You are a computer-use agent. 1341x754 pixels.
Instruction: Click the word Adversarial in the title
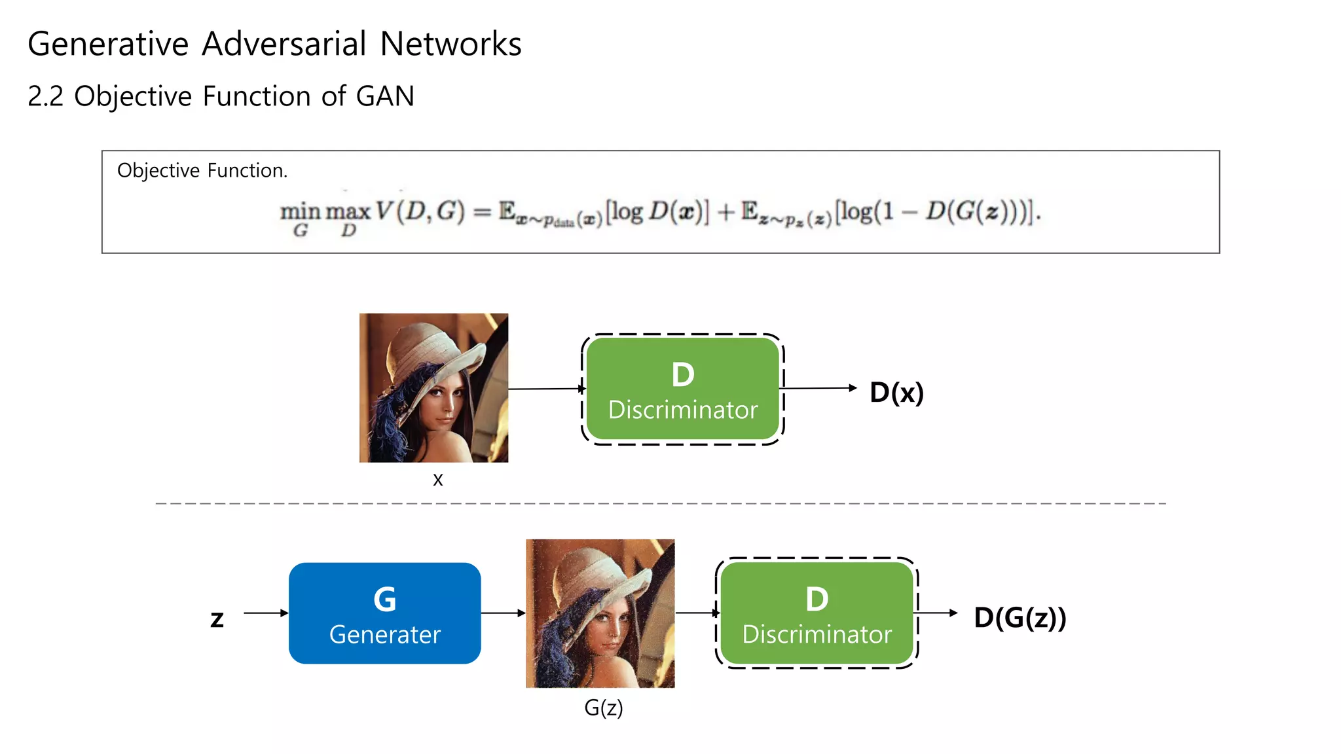[x=284, y=45]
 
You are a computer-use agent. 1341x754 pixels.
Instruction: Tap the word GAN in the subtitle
[x=385, y=96]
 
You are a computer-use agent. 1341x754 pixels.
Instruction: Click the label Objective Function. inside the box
[x=202, y=170]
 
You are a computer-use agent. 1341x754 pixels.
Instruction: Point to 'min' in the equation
[x=300, y=211]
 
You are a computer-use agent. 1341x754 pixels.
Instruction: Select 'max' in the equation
[x=348, y=211]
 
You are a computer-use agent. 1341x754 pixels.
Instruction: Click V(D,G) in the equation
[x=420, y=211]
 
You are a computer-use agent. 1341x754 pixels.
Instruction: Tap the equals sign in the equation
[x=482, y=212]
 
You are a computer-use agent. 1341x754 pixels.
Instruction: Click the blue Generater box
[x=384, y=613]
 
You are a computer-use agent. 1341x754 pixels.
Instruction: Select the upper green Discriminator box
[x=682, y=389]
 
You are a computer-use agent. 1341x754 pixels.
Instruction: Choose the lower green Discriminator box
[x=817, y=613]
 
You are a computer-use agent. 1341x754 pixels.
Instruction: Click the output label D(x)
[x=896, y=392]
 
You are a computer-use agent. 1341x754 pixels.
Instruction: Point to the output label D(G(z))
[x=1020, y=617]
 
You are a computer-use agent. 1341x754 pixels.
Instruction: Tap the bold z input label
[x=217, y=619]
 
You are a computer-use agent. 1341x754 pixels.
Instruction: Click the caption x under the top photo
[x=437, y=480]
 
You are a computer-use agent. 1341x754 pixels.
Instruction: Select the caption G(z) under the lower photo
[x=603, y=708]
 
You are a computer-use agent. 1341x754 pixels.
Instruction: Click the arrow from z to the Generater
[x=265, y=613]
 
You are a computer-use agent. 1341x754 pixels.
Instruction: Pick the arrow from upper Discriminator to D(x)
[x=818, y=388]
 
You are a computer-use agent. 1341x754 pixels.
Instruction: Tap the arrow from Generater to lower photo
[x=503, y=613]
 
